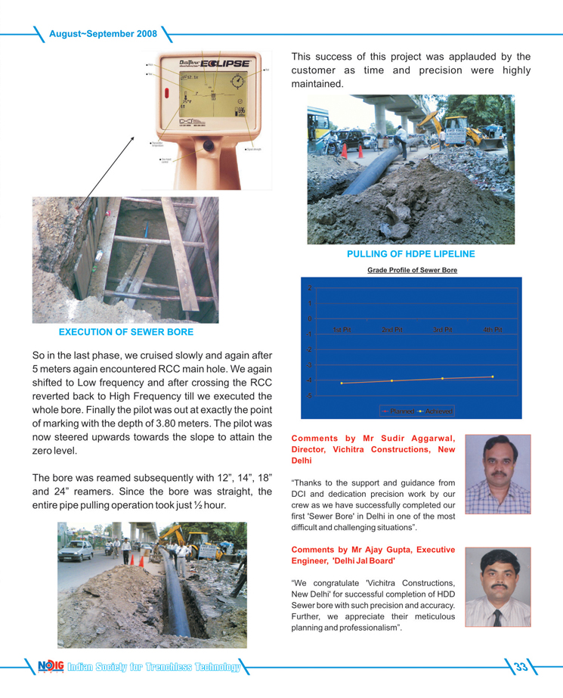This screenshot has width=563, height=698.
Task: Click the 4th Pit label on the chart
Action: pos(493,330)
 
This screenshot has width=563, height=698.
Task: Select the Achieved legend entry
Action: pos(436,411)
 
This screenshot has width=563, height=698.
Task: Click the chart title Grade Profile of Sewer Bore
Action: pos(412,270)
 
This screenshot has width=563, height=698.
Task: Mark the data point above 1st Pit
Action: pos(342,383)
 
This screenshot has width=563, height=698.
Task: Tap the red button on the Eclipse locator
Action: pos(166,94)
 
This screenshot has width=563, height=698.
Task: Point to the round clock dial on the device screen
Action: pos(237,81)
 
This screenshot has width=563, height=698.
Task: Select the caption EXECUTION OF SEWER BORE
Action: pos(125,332)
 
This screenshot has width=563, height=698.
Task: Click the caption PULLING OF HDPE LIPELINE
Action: pos(410,254)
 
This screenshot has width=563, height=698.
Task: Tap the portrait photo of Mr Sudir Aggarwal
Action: pos(498,474)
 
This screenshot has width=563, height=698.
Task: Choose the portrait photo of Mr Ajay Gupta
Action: pos(497,588)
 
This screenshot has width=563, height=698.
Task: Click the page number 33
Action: pos(521,666)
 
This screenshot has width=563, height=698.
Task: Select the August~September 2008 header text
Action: pos(103,34)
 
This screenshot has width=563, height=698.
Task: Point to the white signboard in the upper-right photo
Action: pos(456,123)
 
